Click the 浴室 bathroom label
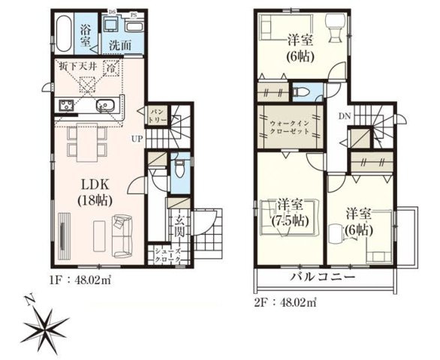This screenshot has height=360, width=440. tap(86, 35)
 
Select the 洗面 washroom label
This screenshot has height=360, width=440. tap(119, 44)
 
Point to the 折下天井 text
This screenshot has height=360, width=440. tap(75, 67)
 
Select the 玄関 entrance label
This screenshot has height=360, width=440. tap(182, 226)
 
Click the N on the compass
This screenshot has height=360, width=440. tap(26, 300)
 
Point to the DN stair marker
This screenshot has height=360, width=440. tap(344, 117)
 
